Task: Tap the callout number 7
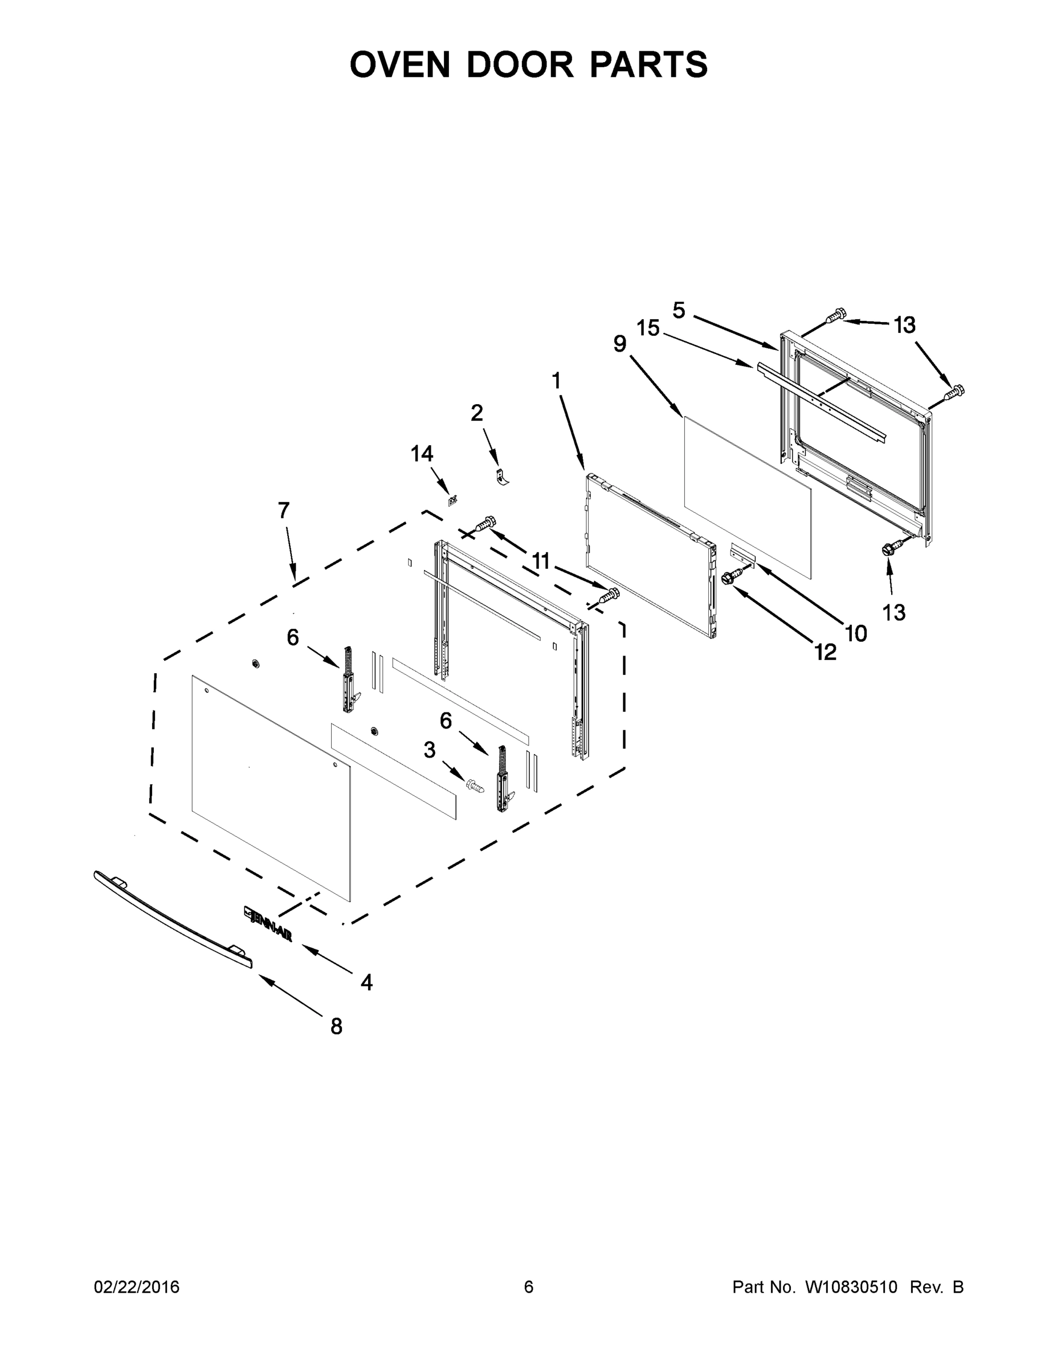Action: point(284,511)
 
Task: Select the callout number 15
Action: point(648,328)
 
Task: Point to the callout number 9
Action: point(619,343)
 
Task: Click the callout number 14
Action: point(422,454)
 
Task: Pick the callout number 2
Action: point(476,413)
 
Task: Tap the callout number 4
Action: point(366,982)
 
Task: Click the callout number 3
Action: point(429,750)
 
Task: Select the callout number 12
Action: point(825,653)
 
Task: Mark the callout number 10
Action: point(855,633)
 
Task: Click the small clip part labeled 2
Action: point(500,477)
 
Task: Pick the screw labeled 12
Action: point(730,577)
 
